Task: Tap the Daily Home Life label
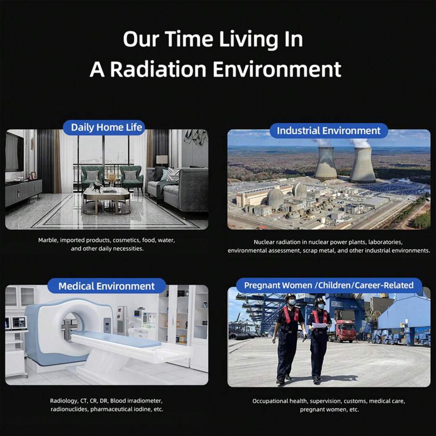(107, 128)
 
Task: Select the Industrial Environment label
(328, 131)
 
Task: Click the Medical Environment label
(107, 286)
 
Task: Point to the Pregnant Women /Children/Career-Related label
(328, 285)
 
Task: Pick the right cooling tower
(362, 165)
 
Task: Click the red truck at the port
(344, 331)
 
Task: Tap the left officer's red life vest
(291, 315)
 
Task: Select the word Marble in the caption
(48, 240)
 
